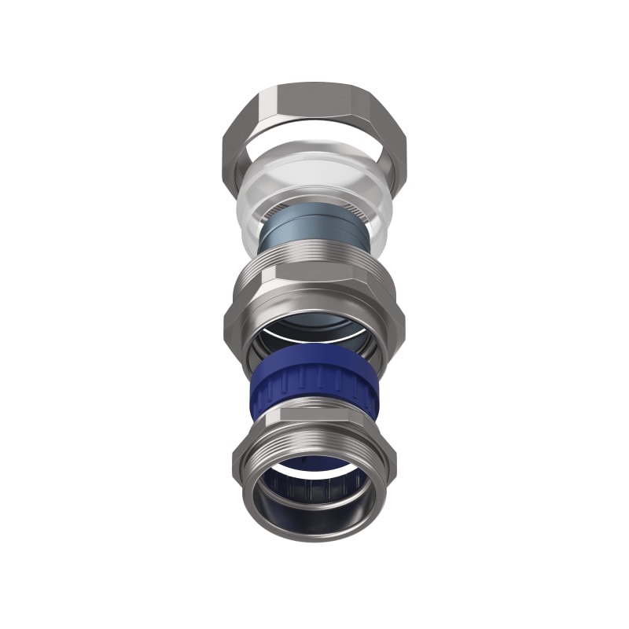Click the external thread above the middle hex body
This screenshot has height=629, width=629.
pyautogui.click(x=314, y=256)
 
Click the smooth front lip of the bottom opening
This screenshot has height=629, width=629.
pyautogui.click(x=314, y=528)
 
